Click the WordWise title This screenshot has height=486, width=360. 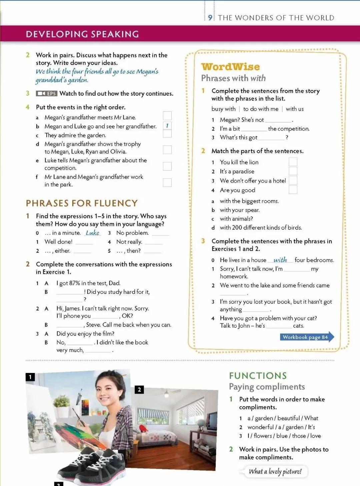pyautogui.click(x=230, y=67)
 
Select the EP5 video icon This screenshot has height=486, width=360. pyautogui.click(x=47, y=94)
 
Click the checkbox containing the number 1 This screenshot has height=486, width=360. pyautogui.click(x=167, y=125)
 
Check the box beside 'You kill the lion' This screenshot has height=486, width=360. pyautogui.click(x=293, y=162)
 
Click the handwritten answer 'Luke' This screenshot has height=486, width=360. pyautogui.click(x=92, y=233)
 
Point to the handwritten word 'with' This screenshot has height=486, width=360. pyautogui.click(x=280, y=260)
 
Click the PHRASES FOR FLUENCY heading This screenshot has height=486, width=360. pyautogui.click(x=82, y=203)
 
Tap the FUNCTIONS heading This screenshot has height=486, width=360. pyautogui.click(x=258, y=376)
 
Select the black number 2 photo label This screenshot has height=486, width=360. pyautogui.click(x=139, y=389)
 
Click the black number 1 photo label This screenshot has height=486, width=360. pyautogui.click(x=30, y=377)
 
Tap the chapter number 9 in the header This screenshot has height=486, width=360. pyautogui.click(x=210, y=18)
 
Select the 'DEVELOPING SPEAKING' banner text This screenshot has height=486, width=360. pyautogui.click(x=82, y=34)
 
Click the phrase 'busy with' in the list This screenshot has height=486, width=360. pyautogui.click(x=223, y=109)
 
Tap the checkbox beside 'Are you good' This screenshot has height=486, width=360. pyautogui.click(x=293, y=190)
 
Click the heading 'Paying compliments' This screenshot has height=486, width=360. pyautogui.click(x=267, y=387)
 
